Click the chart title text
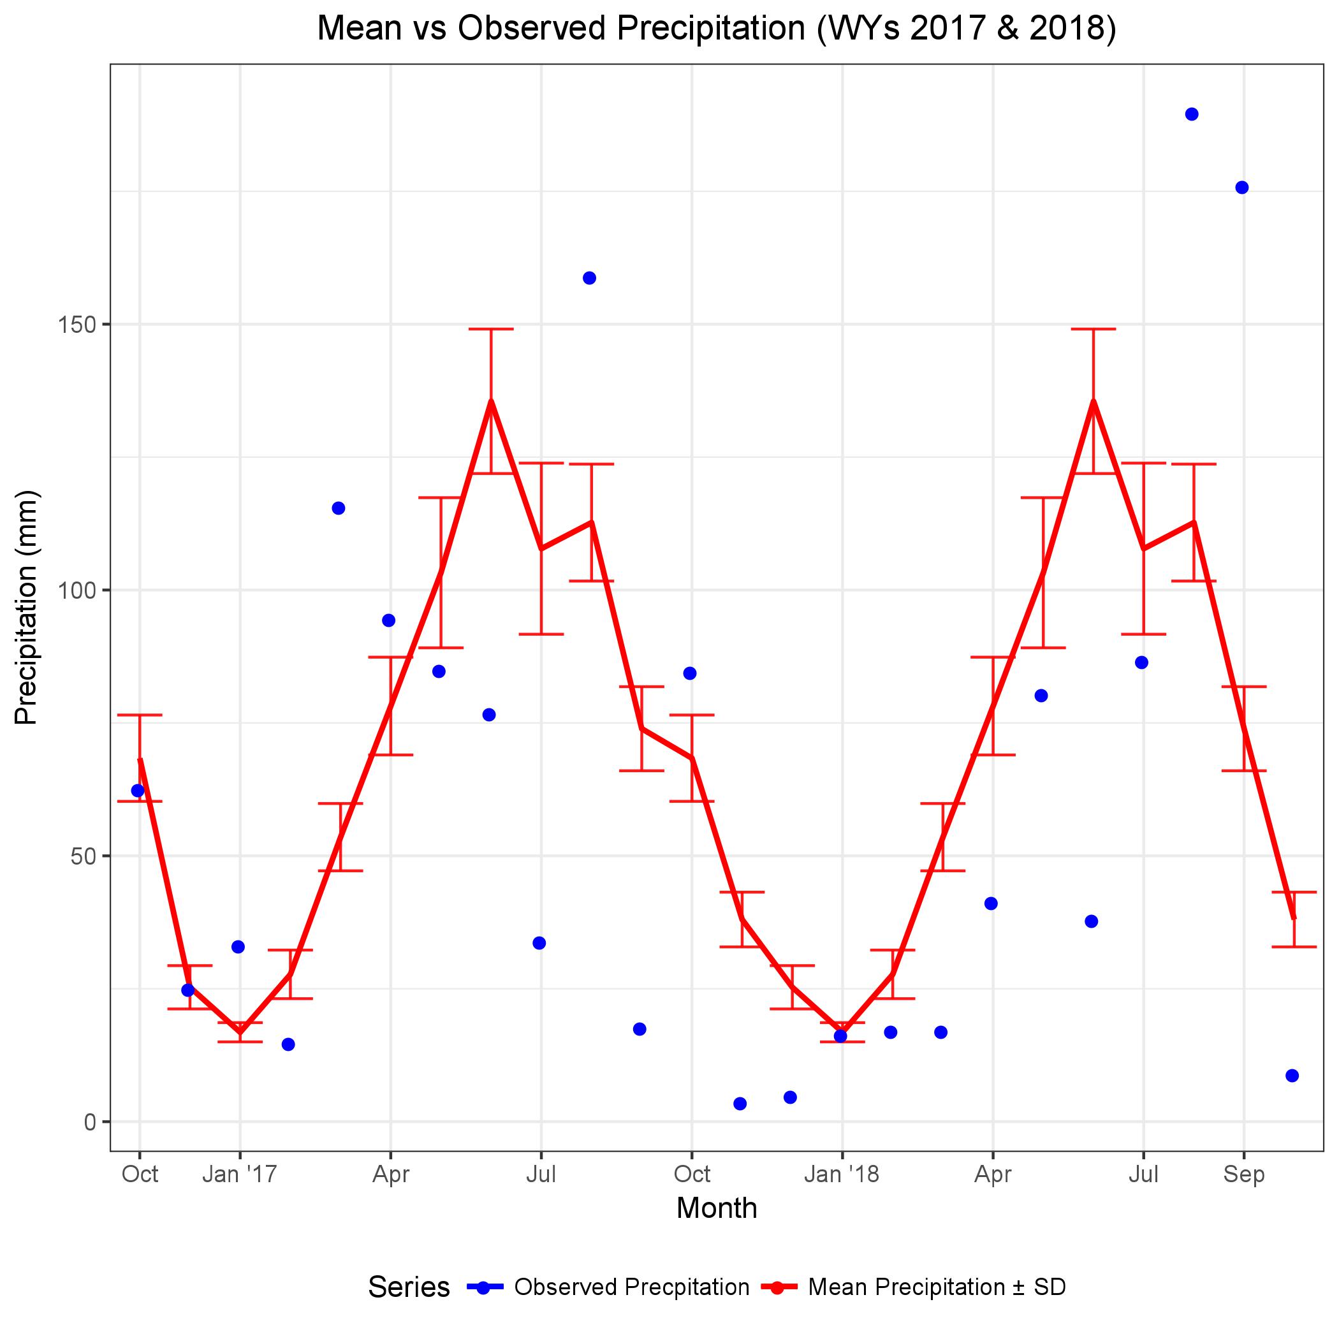point(716,29)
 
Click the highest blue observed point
point(1191,114)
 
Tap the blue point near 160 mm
point(589,278)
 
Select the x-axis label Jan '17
point(240,1174)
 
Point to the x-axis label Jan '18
point(842,1174)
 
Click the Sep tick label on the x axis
point(1243,1174)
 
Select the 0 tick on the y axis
point(90,1122)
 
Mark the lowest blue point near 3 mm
point(740,1103)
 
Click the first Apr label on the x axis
point(391,1174)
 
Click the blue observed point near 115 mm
point(338,508)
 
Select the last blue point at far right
point(1292,1076)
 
